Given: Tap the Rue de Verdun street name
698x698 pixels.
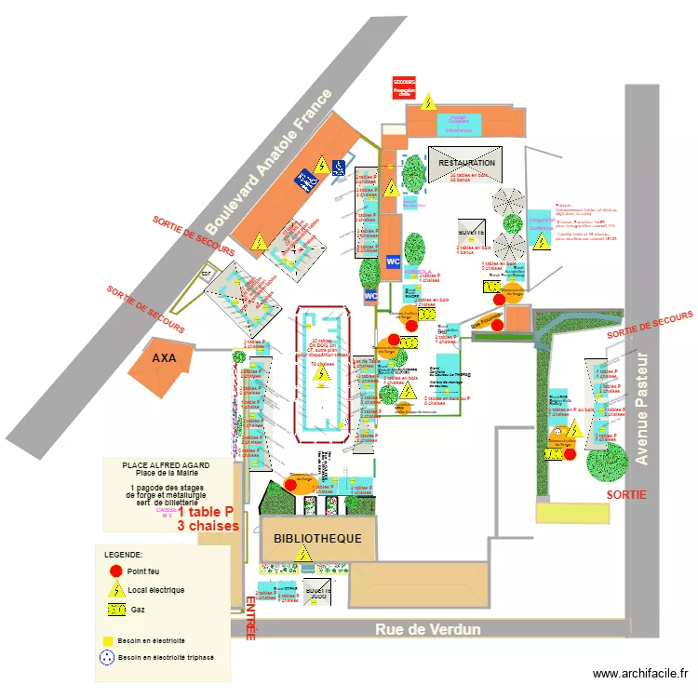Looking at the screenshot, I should (x=428, y=630).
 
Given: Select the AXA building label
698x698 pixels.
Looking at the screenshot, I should (x=165, y=357).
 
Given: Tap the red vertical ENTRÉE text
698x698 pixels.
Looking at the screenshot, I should (x=250, y=619).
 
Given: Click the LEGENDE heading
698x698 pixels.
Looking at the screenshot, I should (x=124, y=555).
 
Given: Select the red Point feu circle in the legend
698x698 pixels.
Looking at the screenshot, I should (x=116, y=570).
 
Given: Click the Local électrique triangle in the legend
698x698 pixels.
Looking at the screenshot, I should (x=116, y=589).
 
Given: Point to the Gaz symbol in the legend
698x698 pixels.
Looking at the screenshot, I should (x=116, y=611).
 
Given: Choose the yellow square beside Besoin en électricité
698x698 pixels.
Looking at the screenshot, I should (x=108, y=641).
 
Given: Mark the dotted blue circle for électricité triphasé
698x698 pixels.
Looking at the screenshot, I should (x=108, y=657).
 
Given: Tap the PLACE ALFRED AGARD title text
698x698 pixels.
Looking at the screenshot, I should (x=167, y=464).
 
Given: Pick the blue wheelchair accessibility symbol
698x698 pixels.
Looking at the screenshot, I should (x=304, y=181).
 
